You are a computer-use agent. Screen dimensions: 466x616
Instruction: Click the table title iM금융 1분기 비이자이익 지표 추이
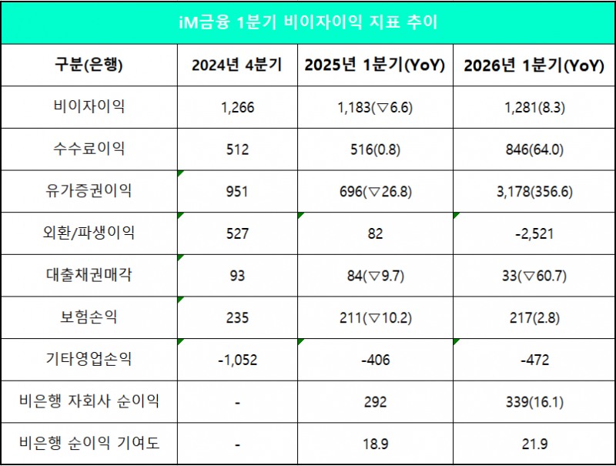[308, 22]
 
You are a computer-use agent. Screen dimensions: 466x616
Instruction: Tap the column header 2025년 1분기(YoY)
[375, 65]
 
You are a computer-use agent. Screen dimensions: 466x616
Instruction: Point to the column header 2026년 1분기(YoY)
[533, 65]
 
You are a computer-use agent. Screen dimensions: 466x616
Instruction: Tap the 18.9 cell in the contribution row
[375, 444]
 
